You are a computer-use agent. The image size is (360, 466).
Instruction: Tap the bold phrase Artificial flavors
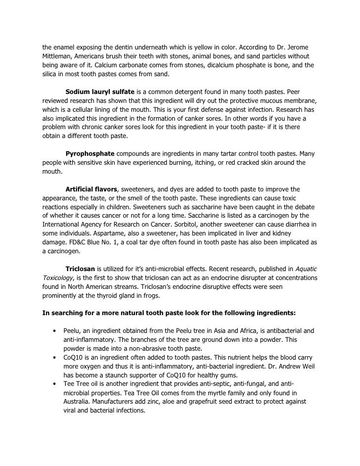[92, 189]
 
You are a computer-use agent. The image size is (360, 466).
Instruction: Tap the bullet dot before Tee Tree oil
[53, 384]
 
